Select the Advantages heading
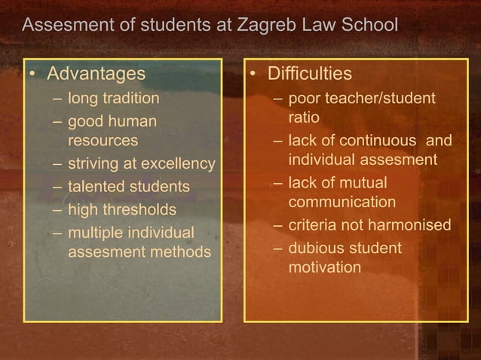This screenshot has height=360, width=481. pyautogui.click(x=96, y=74)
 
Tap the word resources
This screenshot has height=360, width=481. pyautogui.click(x=103, y=140)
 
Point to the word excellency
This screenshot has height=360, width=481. pyautogui.click(x=178, y=163)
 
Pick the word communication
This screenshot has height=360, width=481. pyautogui.click(x=342, y=202)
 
